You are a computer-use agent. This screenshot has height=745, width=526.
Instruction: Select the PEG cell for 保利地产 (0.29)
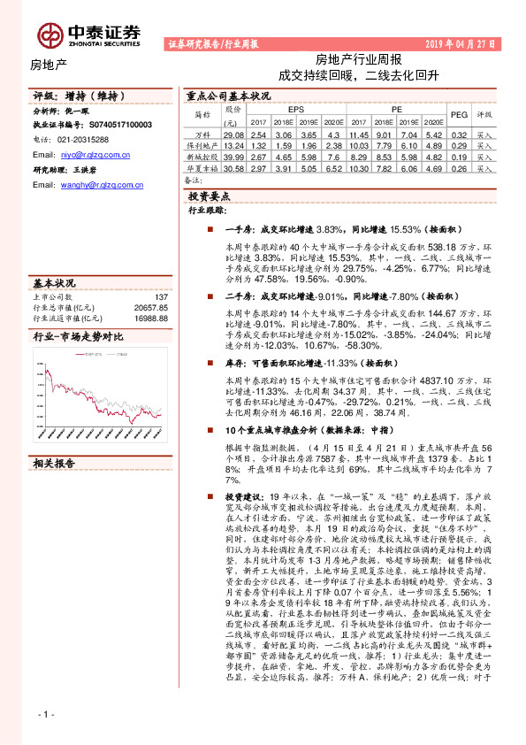[460, 144]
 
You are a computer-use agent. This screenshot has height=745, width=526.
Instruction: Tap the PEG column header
[460, 115]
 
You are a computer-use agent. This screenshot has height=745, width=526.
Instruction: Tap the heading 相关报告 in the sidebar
[55, 464]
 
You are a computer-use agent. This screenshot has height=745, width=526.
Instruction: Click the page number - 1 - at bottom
[47, 714]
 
